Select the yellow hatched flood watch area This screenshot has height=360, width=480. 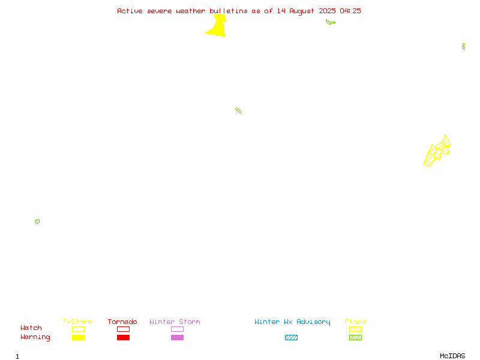click(437, 152)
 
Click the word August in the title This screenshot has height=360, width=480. click(302, 11)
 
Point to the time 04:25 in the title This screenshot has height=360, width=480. click(350, 11)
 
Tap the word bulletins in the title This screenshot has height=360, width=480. click(229, 11)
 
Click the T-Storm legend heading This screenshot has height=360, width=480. click(77, 322)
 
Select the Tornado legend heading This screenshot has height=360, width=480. click(122, 322)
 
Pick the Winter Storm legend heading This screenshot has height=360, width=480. click(175, 322)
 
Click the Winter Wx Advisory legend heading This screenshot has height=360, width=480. click(292, 322)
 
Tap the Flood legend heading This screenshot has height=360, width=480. click(355, 322)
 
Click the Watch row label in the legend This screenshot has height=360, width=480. click(31, 328)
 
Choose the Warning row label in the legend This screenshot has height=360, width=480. click(35, 337)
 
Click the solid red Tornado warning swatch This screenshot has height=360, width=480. click(124, 337)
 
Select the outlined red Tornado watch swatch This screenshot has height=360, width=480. click(124, 329)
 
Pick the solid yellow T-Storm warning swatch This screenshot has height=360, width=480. click(79, 337)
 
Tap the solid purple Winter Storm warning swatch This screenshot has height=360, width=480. click(177, 337)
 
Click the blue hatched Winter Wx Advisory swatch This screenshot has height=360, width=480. click(291, 337)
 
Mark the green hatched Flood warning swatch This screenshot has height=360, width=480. click(355, 337)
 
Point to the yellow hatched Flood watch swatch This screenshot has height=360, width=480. click(355, 329)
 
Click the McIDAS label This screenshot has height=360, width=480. click(452, 356)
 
